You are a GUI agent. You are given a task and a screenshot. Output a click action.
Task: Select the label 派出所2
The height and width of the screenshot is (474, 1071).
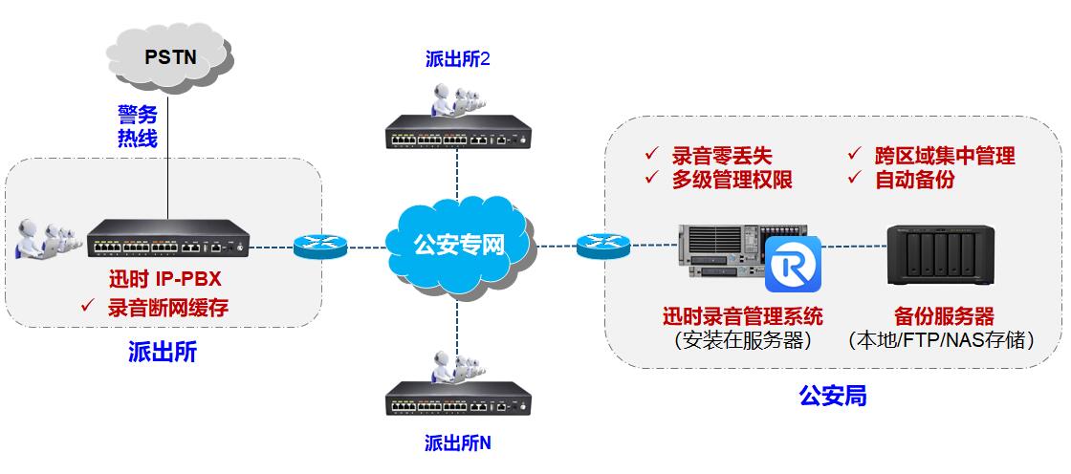pos(457,59)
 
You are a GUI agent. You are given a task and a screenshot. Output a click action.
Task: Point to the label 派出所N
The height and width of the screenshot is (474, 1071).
pos(457,443)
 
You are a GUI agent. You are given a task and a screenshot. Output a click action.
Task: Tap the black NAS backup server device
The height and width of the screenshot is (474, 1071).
pos(938,256)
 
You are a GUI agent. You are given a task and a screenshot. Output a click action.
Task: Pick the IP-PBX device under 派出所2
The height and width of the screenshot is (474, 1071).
pos(457,134)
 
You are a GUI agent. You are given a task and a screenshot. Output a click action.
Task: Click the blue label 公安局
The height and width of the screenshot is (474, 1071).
pos(833,395)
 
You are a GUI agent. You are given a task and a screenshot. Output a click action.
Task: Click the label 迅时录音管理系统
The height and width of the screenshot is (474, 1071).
pos(742,316)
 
